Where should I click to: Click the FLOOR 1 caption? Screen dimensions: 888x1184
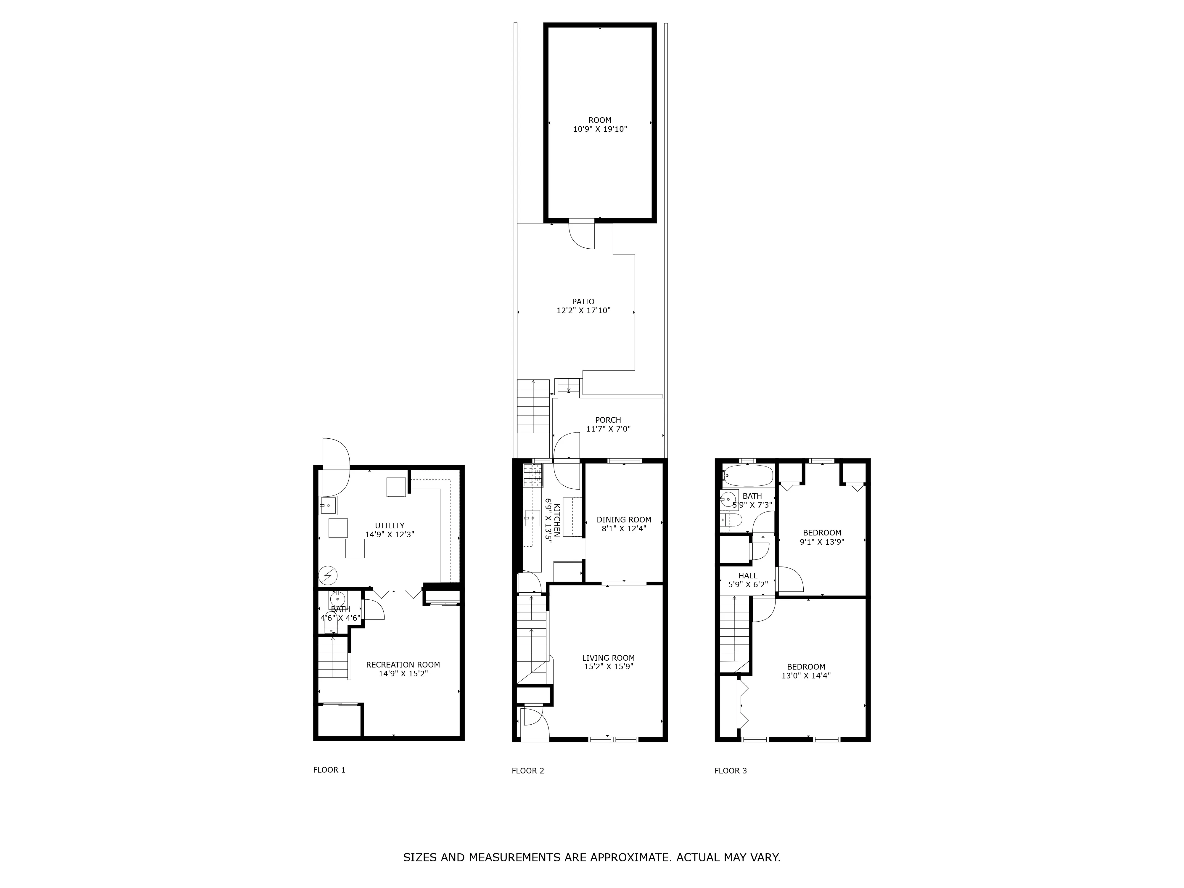tap(329, 770)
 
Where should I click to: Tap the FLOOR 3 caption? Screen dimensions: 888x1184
tap(730, 771)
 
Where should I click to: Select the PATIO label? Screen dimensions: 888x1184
tap(583, 301)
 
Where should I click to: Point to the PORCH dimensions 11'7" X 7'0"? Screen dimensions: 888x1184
tap(608, 429)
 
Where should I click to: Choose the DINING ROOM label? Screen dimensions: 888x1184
tap(624, 519)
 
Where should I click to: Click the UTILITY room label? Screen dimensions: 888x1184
tap(389, 526)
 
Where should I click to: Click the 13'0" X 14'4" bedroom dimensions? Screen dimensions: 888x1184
tap(806, 675)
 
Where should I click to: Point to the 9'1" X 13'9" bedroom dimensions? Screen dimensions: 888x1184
tap(822, 541)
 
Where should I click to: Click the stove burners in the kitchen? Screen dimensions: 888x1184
tap(533, 475)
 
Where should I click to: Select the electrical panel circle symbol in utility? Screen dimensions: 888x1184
tap(328, 575)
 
